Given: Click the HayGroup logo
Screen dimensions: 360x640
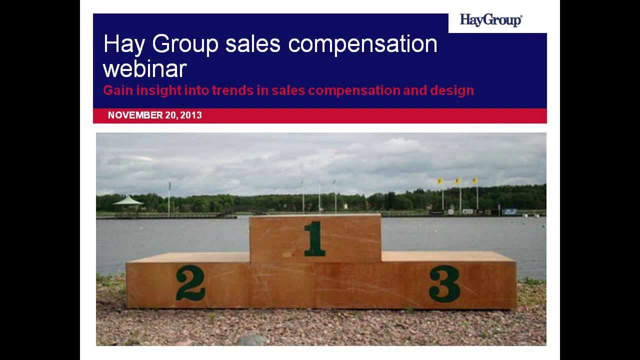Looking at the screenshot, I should pos(490,20).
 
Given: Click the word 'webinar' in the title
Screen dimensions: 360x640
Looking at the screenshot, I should pos(144,68).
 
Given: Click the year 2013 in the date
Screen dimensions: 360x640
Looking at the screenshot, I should pos(191,115).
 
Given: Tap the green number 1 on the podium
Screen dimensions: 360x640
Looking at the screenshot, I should pos(314,238).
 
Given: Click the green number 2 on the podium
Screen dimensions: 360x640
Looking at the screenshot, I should pos(190,283).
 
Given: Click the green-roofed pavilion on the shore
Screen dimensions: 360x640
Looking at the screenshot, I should pos(128,201).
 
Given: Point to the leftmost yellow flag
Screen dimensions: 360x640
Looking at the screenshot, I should pos(440,181).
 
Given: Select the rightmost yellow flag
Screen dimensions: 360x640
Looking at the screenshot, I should pos(474,180).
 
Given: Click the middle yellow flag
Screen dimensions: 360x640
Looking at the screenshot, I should pos(457,181).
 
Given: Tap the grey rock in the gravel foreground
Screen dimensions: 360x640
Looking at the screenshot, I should pos(253,339).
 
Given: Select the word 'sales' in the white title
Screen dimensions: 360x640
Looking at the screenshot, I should pos(253,44).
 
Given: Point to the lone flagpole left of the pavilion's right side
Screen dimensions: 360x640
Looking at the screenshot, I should pos(169,198).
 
